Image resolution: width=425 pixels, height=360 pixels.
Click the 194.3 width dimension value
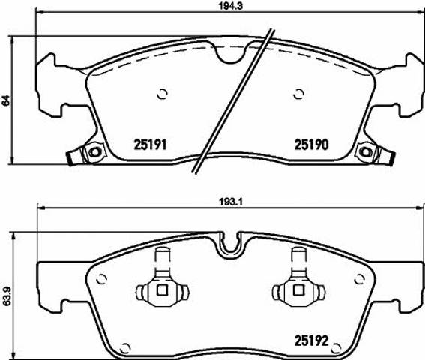230,7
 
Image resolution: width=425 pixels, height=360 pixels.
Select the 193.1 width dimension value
230,202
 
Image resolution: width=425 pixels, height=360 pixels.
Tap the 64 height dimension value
7,100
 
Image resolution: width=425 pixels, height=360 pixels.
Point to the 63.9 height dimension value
7,297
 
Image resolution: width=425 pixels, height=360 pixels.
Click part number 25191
150,145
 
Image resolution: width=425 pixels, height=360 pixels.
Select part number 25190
311,145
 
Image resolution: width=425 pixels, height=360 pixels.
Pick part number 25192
311,340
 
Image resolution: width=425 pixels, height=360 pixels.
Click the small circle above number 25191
163,94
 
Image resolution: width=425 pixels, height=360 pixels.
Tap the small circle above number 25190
298,94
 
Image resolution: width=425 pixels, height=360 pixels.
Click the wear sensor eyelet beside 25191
95,152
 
